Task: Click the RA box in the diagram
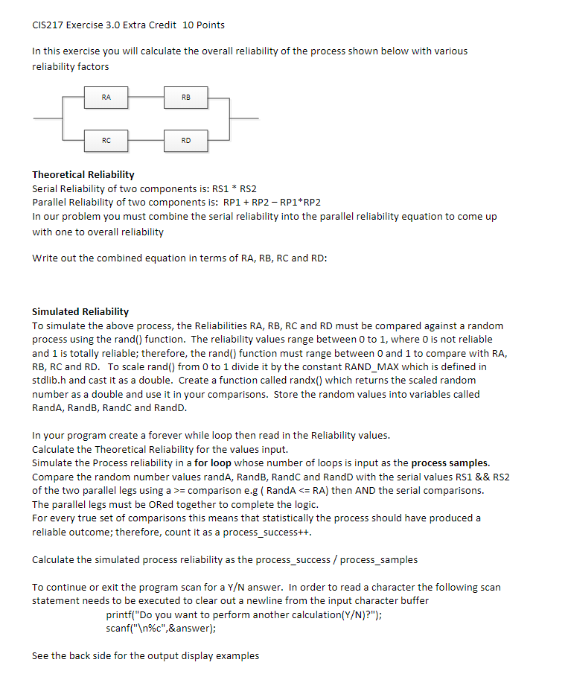pos(106,97)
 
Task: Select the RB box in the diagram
pos(185,97)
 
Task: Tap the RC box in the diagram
pos(106,139)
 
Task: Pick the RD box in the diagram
pos(185,139)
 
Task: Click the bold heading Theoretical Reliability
pos(83,174)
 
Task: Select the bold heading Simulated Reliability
pos(80,311)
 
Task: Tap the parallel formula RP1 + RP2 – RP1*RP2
pos(272,203)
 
